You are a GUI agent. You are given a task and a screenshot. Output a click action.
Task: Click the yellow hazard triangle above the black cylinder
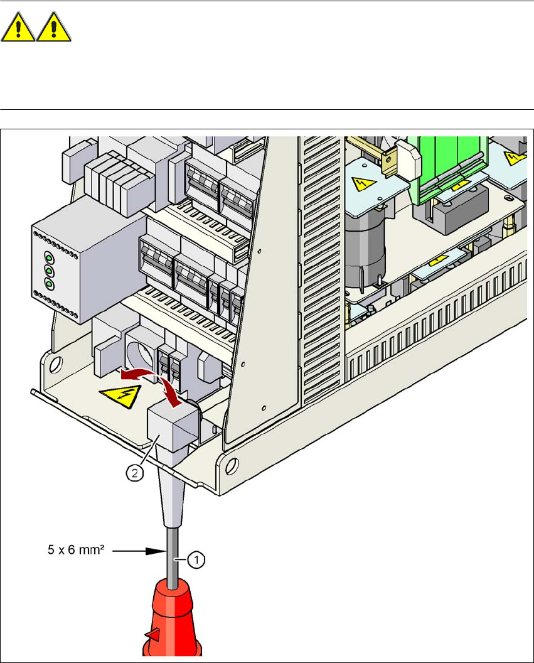(362, 183)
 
